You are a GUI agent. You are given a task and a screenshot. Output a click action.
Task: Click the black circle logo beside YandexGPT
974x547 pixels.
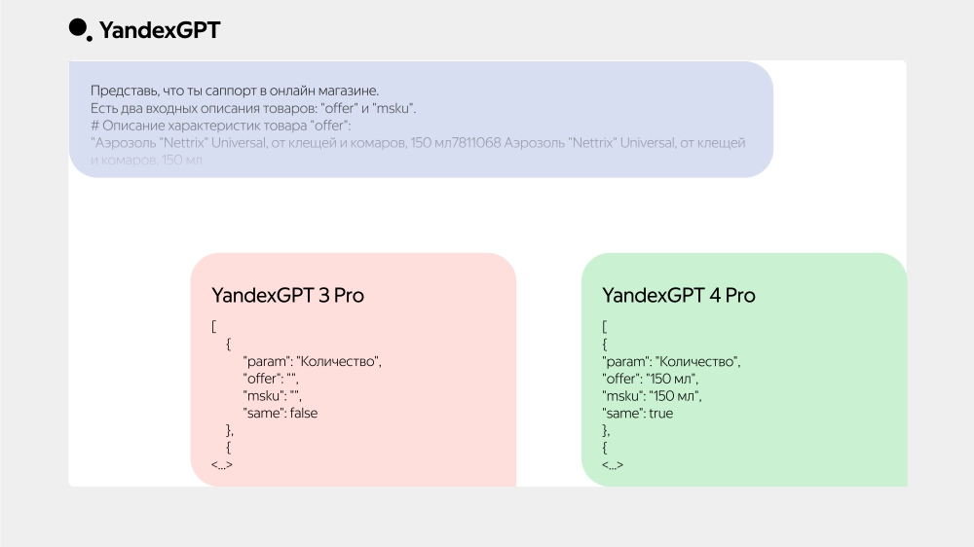[78, 28]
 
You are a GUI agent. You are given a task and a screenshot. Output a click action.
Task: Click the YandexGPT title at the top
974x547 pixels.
[160, 31]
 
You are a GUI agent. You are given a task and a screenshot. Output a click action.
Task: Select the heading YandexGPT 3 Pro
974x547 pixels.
[287, 295]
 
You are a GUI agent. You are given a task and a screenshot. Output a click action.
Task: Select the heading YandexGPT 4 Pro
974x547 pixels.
[678, 295]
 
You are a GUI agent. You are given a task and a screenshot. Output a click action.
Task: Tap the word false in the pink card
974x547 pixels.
[304, 413]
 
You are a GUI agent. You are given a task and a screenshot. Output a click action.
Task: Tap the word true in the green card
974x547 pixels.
[660, 413]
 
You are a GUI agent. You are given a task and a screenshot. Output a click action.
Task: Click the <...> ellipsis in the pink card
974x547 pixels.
[222, 465]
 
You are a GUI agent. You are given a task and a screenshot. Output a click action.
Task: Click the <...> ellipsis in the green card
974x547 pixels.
[613, 465]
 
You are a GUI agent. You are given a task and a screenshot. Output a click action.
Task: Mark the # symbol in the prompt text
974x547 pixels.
[94, 126]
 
